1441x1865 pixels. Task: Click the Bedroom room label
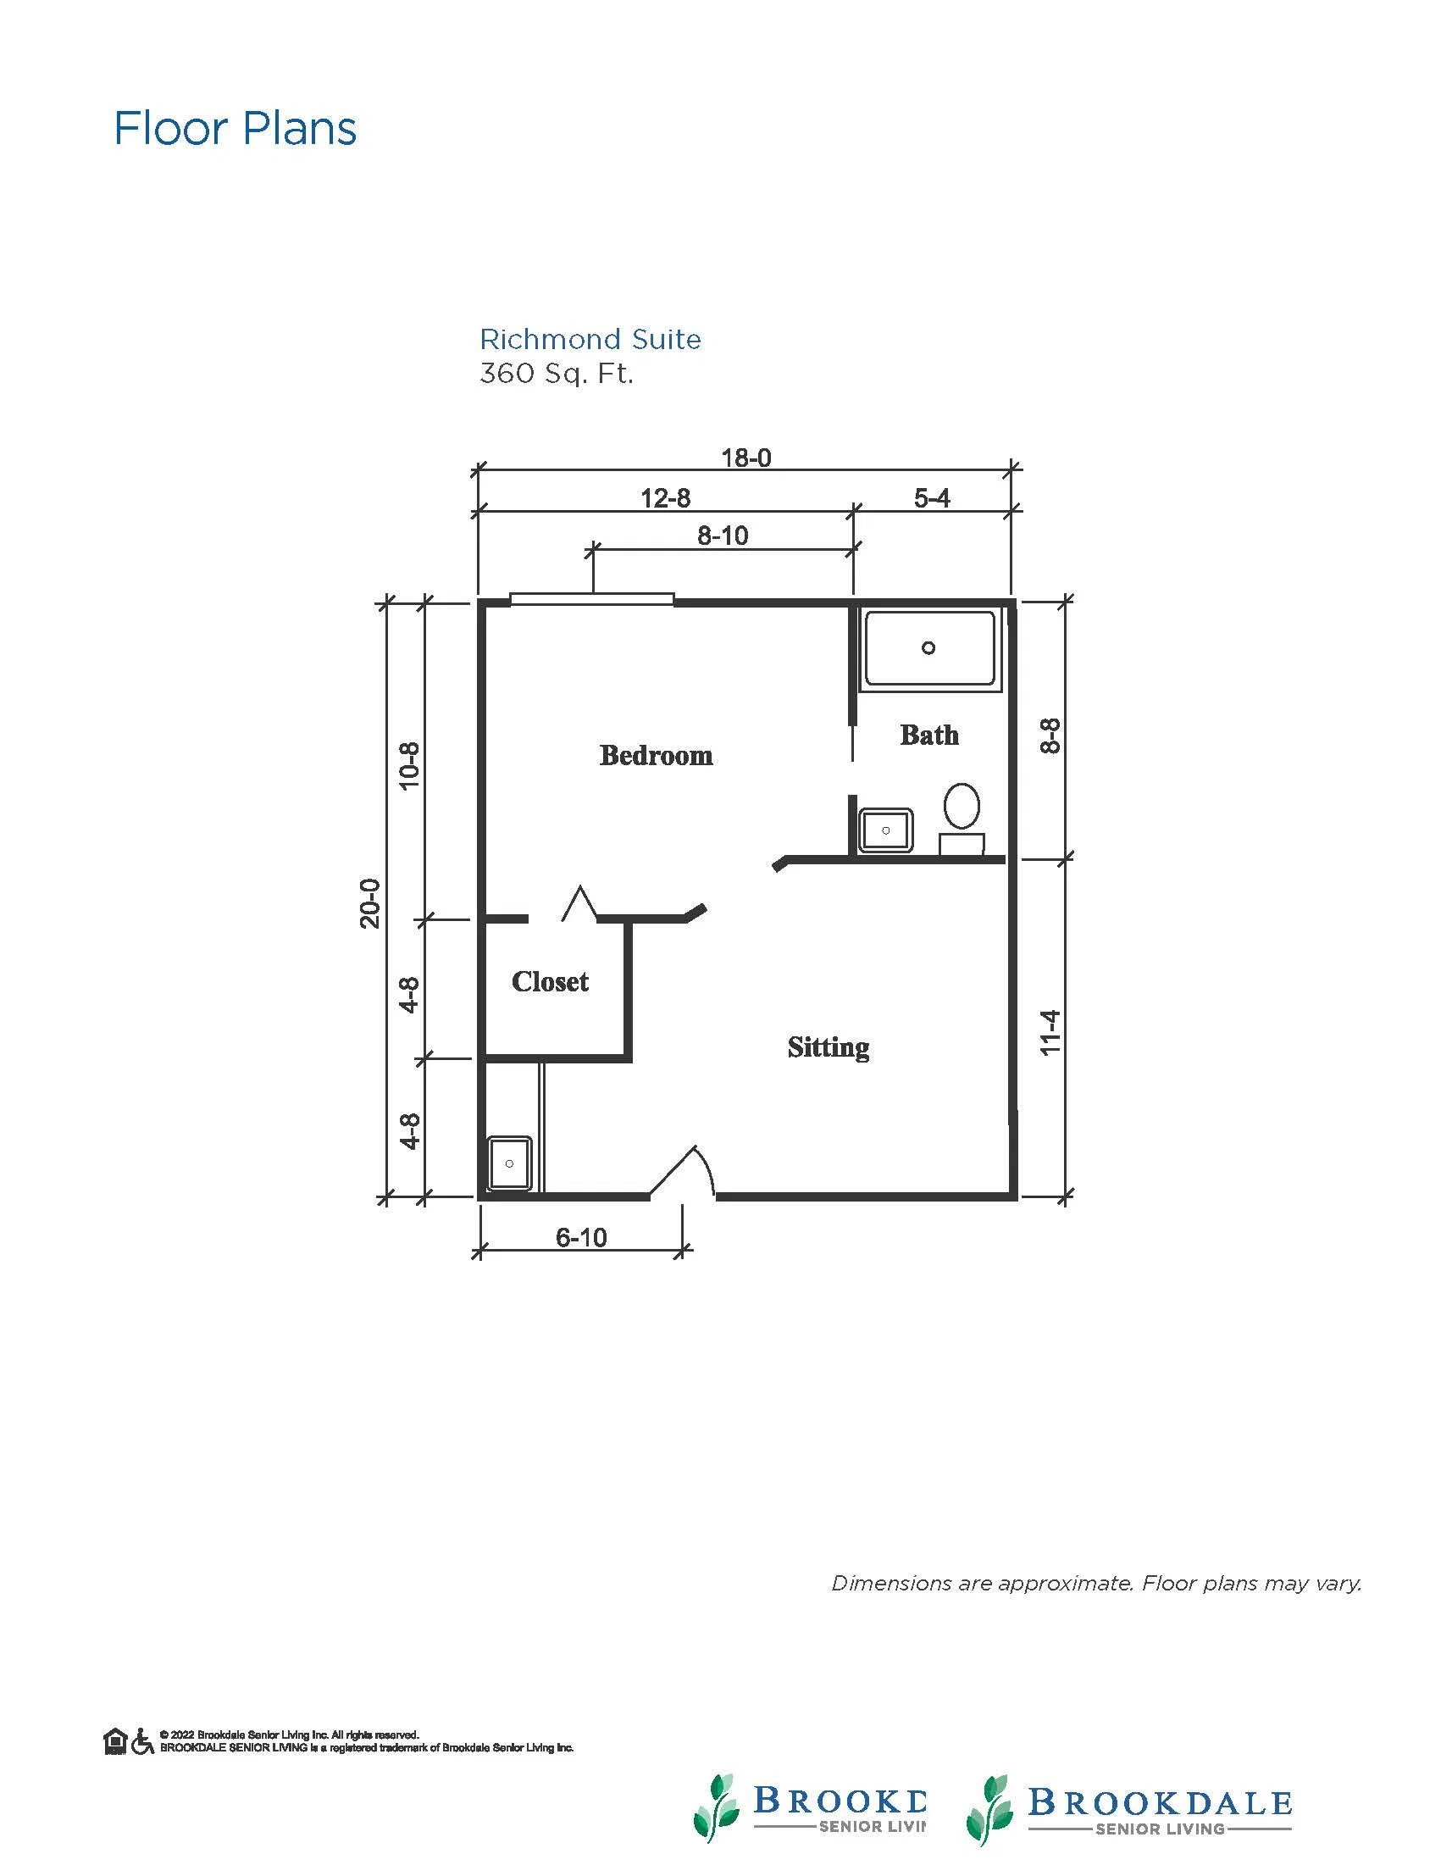click(x=656, y=755)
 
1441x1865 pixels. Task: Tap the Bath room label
click(x=928, y=735)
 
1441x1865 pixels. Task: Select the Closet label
click(x=550, y=981)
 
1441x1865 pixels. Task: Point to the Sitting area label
click(x=828, y=1047)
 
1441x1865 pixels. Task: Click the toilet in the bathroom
click(x=962, y=818)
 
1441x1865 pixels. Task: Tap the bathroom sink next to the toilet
click(x=886, y=830)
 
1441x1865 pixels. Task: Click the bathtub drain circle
click(x=928, y=647)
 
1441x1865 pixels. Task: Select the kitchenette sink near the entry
click(x=510, y=1163)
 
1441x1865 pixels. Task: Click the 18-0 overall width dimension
click(x=745, y=458)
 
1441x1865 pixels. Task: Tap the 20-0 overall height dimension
click(x=369, y=903)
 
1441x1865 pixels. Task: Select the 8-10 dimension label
click(x=723, y=536)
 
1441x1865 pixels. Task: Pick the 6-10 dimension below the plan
click(x=581, y=1237)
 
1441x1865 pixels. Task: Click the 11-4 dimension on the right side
click(x=1050, y=1032)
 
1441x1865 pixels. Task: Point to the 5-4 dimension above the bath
click(x=931, y=498)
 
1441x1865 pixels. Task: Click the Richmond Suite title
click(x=590, y=340)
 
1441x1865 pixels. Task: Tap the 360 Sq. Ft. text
click(x=556, y=374)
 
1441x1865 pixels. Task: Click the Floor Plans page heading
click(x=235, y=128)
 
